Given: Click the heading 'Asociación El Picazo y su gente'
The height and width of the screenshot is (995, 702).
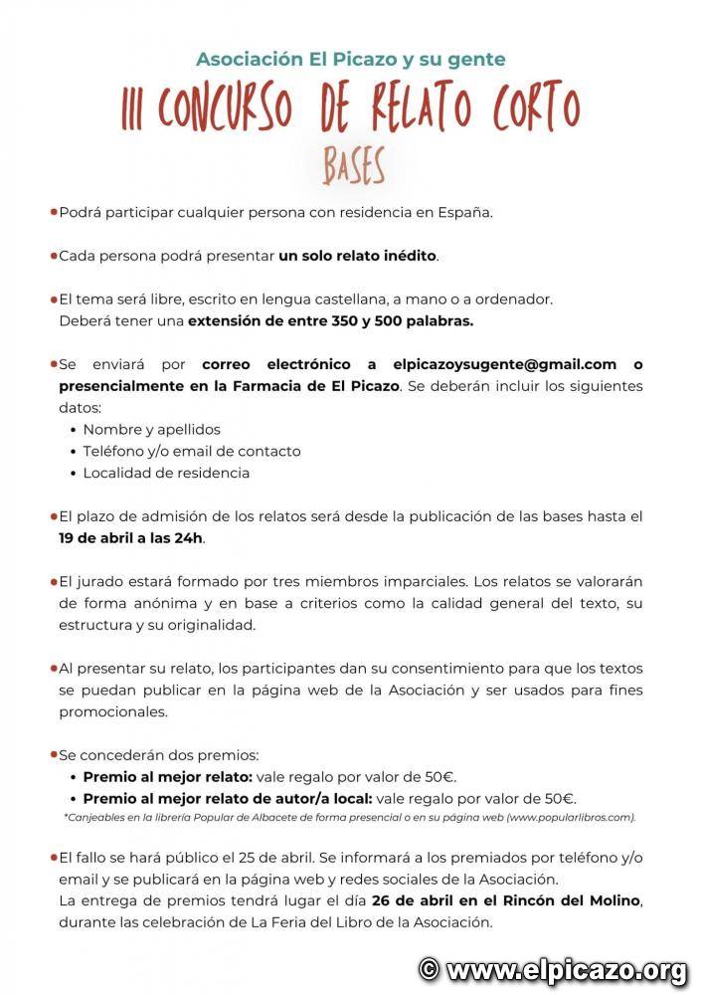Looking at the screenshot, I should tap(350, 60).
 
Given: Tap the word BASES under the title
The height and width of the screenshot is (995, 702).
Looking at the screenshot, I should tap(353, 167).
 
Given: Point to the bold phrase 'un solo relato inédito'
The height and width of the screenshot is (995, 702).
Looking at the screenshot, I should tap(357, 256).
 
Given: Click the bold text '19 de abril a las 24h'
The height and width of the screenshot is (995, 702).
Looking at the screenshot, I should tap(131, 538).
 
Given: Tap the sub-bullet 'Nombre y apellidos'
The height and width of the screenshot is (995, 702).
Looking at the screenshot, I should tap(151, 430).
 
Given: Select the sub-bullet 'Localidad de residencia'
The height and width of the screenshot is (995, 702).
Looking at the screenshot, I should tap(166, 473).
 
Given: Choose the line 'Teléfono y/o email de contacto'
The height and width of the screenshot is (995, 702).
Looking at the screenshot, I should tap(192, 451).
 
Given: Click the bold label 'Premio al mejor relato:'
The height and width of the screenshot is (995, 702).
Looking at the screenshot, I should tap(168, 776).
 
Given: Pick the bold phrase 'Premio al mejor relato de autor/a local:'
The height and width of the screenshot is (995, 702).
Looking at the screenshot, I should tap(228, 798).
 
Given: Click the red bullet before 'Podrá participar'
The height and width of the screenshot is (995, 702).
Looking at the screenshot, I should tap(54, 212).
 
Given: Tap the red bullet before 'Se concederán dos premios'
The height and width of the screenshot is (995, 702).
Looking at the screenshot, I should tap(54, 755).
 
